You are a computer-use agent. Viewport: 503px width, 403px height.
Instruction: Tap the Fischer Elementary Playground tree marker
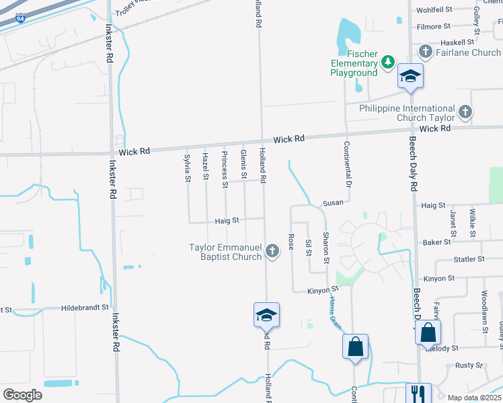pos(387,62)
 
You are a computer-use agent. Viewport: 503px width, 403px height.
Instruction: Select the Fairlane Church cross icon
pos(425,52)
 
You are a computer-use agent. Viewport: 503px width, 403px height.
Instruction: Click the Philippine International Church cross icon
pos(465,112)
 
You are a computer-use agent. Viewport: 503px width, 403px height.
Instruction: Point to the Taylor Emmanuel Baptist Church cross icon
pos(272,251)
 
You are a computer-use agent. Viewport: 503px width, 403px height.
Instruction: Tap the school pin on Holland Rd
pos(266,314)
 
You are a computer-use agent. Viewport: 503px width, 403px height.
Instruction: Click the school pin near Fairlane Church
pos(410,76)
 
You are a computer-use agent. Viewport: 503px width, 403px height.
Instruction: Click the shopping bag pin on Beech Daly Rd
pos(428,332)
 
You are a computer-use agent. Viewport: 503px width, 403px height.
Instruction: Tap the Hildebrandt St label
pos(85,308)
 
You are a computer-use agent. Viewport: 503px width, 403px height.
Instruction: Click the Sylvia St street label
pos(188,168)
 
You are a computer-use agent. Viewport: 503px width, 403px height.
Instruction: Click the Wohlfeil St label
pos(434,10)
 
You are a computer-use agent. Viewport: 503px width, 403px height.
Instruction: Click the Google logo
pos(22,394)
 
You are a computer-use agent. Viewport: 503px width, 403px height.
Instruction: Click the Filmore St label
pos(433,26)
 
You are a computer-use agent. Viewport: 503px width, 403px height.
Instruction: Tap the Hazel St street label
pos(206,167)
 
